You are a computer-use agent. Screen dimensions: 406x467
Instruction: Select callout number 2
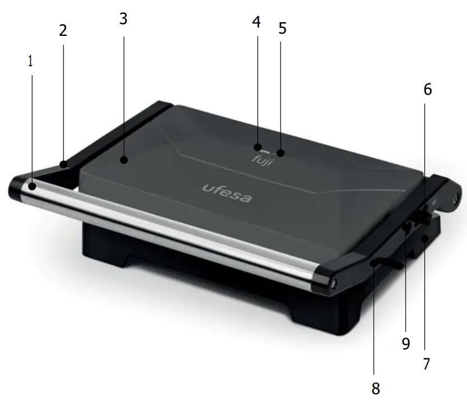[63, 30]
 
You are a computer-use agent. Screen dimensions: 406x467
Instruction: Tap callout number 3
[123, 19]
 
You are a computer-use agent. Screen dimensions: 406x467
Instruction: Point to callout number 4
[257, 23]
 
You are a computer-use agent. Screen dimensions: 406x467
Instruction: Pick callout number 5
[282, 28]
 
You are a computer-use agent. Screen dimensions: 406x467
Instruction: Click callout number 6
[428, 90]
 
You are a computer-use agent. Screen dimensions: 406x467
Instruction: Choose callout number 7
[427, 364]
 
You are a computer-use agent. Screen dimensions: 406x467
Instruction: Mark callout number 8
[376, 387]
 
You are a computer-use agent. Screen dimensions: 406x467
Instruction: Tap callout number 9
[406, 343]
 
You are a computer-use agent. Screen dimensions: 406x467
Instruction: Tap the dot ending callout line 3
[124, 161]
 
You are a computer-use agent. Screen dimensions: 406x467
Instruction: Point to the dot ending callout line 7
[425, 239]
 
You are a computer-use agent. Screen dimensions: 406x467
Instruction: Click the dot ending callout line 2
[64, 165]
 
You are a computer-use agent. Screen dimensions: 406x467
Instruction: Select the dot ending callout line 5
[281, 152]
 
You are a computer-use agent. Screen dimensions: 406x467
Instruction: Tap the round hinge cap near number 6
[456, 198]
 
